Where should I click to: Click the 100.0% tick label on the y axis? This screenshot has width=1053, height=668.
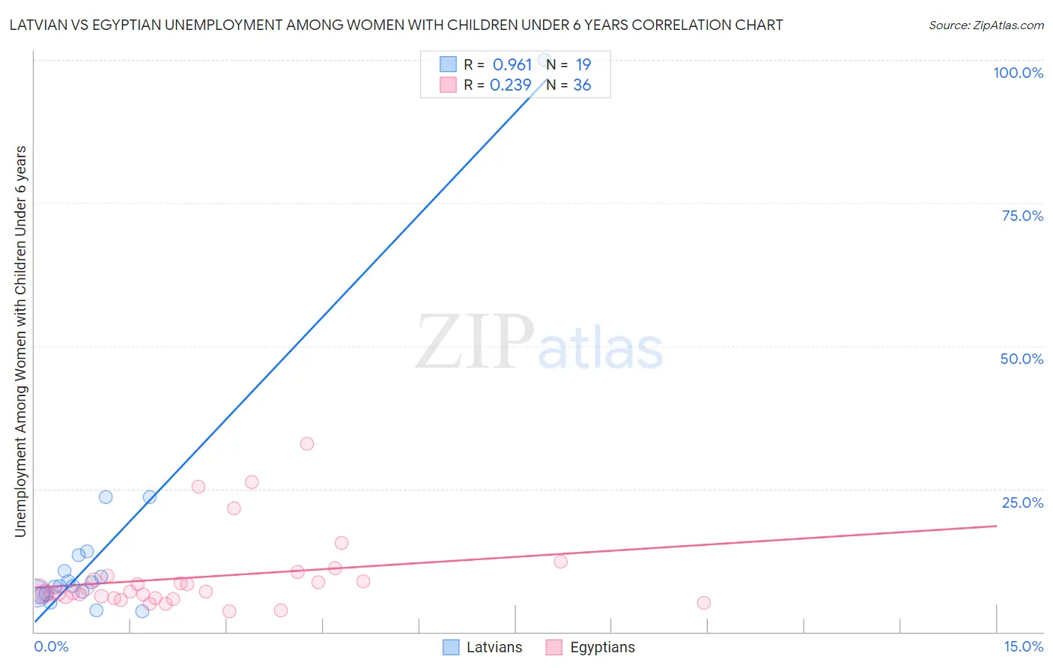(1018, 73)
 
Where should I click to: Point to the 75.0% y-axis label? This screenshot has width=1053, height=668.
(1022, 216)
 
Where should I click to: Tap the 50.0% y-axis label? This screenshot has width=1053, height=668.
(1022, 359)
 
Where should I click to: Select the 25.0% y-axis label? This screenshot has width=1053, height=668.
(1022, 502)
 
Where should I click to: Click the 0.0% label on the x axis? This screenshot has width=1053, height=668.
(51, 646)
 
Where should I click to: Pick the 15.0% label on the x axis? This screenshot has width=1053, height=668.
(1023, 646)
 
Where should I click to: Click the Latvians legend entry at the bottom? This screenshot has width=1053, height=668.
(494, 647)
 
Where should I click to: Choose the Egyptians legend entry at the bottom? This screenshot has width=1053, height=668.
(602, 647)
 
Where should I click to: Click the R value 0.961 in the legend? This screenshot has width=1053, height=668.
(512, 65)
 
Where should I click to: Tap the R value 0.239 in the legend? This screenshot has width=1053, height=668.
(511, 85)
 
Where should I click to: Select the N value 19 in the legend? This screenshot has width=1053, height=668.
(583, 65)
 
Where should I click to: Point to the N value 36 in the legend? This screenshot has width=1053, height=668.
(582, 85)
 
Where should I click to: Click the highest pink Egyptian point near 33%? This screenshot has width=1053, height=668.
(307, 443)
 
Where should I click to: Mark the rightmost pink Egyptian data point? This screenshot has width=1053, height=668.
(703, 603)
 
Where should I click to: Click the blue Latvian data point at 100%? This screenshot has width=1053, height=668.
(545, 60)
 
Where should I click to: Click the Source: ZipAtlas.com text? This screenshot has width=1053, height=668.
(986, 25)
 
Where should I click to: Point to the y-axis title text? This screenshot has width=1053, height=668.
(20, 341)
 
